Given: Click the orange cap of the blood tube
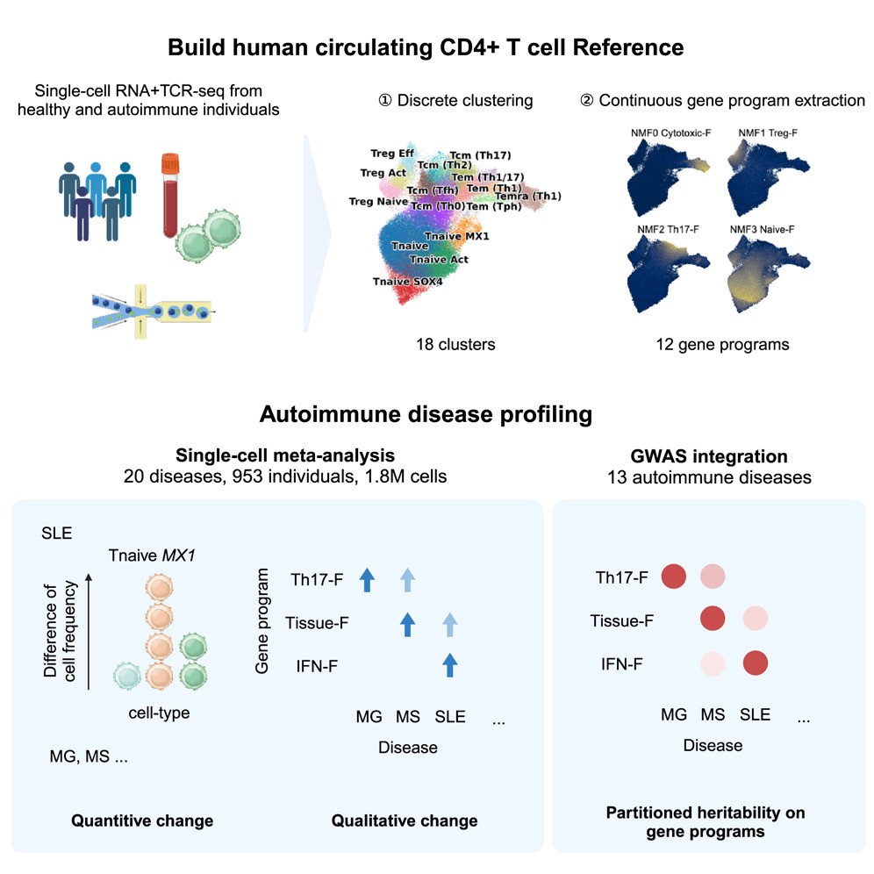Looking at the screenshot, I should tap(170, 162).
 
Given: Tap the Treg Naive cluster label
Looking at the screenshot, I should tap(378, 201).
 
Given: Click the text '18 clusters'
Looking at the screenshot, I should tap(455, 344).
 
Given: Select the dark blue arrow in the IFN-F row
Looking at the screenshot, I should tap(450, 664).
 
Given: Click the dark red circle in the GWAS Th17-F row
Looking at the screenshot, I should tap(673, 577).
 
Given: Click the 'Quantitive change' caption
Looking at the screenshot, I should tap(142, 821).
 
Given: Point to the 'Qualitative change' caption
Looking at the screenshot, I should tap(405, 821).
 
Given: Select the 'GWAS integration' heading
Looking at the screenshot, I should tap(708, 456).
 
